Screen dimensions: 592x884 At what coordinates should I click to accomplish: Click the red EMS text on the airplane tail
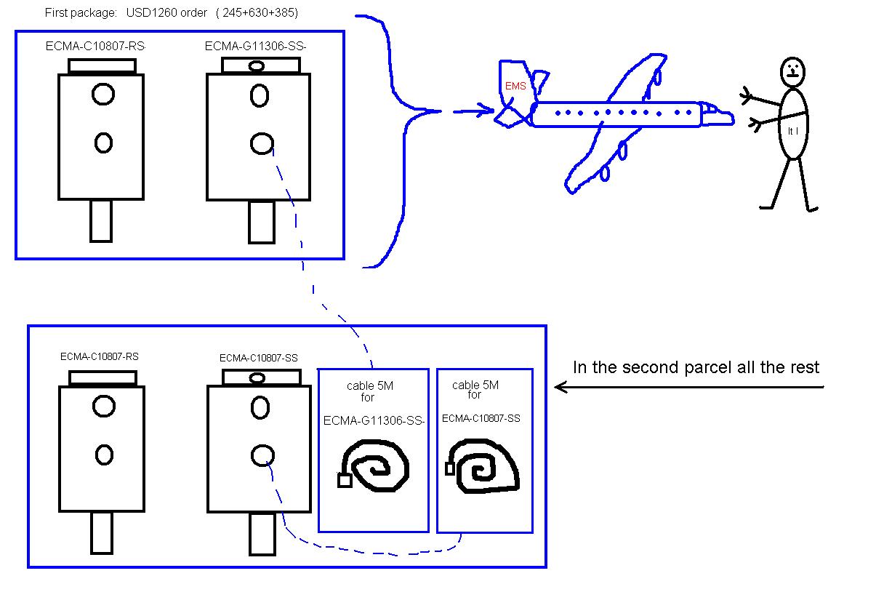pyautogui.click(x=515, y=86)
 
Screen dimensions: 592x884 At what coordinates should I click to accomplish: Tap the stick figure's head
pyautogui.click(x=792, y=71)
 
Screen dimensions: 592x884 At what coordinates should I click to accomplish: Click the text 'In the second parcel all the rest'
pyautogui.click(x=696, y=367)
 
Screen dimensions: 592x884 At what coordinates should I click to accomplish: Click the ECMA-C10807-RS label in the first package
pyautogui.click(x=95, y=47)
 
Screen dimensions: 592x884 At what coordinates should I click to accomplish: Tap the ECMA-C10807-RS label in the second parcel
pyautogui.click(x=100, y=356)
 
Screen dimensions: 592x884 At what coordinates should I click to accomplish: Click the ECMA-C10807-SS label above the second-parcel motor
pyautogui.click(x=258, y=358)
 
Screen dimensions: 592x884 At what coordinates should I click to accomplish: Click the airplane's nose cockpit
pyautogui.click(x=718, y=115)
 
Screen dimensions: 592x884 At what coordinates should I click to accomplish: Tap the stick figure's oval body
pyautogui.click(x=793, y=124)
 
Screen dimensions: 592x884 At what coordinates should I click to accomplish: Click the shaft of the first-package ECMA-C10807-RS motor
pyautogui.click(x=101, y=221)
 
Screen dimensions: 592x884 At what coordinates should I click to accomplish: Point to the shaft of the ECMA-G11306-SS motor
pyautogui.click(x=262, y=221)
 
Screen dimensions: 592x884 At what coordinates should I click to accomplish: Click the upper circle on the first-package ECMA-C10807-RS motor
pyautogui.click(x=103, y=94)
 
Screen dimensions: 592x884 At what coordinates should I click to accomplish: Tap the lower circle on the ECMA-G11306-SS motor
pyautogui.click(x=261, y=144)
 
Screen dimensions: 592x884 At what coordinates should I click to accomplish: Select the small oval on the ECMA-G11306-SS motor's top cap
pyautogui.click(x=256, y=66)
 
